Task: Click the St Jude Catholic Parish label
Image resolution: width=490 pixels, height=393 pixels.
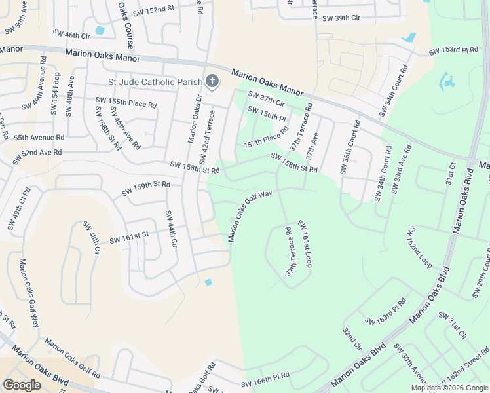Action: [x=155, y=82]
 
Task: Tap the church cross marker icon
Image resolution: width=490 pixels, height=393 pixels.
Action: [x=212, y=81]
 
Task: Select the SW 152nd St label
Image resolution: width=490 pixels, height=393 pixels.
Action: [x=155, y=9]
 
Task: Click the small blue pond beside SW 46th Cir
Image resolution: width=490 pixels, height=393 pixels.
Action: [x=100, y=30]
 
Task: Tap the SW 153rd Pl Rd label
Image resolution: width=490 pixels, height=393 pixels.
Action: [x=453, y=50]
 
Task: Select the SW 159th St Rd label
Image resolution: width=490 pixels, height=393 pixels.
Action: [x=146, y=189]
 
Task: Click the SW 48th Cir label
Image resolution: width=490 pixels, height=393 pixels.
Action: [x=90, y=238]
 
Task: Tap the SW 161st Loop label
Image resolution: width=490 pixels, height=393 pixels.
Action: [x=305, y=243]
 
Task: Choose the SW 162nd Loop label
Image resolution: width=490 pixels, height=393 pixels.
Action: [x=420, y=247]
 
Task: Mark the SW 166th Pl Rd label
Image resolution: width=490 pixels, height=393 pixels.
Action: [x=265, y=381]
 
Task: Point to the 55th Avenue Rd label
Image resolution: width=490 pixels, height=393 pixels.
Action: [x=39, y=138]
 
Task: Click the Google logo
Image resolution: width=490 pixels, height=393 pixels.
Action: [x=22, y=385]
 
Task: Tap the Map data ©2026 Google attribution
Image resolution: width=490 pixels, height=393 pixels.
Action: [x=449, y=388]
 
